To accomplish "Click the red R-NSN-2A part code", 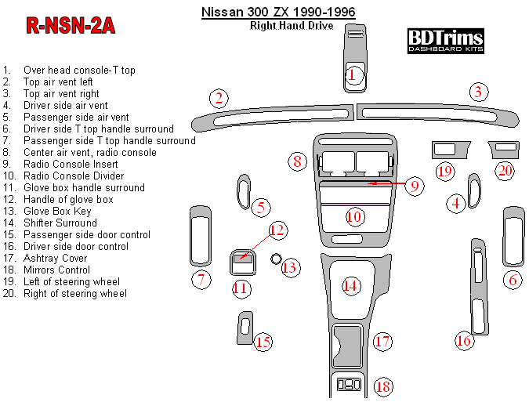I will pyautogui.click(x=71, y=26).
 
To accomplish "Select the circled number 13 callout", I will pyautogui.click(x=290, y=268).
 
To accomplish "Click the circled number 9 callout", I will pyautogui.click(x=415, y=186).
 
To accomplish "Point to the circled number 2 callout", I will pyautogui.click(x=219, y=98).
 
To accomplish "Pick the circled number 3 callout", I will pyautogui.click(x=477, y=92).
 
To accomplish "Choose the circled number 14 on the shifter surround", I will pyautogui.click(x=350, y=286).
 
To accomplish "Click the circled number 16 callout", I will pyautogui.click(x=465, y=340).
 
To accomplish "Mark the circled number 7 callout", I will pyautogui.click(x=201, y=280).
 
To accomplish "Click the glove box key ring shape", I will pyautogui.click(x=276, y=259).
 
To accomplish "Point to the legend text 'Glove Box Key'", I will pyautogui.click(x=57, y=211).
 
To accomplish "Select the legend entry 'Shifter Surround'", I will pyautogui.click(x=60, y=223).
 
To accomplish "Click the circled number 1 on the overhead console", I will pyautogui.click(x=353, y=75).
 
